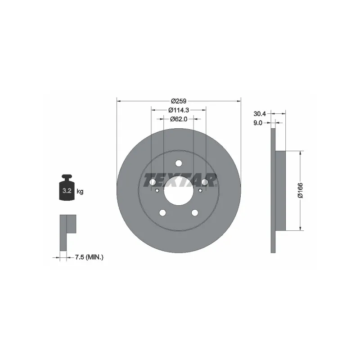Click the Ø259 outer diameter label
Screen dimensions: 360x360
pos(179,101)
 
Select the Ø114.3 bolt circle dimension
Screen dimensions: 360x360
pos(179,110)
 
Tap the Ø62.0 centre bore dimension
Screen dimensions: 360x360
pos(179,119)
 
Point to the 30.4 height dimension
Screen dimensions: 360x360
pos(260,114)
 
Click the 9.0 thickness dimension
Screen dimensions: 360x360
pos(257,123)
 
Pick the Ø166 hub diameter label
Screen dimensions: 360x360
pos(300,190)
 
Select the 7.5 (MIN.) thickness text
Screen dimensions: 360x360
pos(89,257)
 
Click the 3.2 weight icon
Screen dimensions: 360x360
pos(67,188)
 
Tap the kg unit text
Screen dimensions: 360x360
pos(80,191)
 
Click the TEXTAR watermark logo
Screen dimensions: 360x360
pos(180,180)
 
